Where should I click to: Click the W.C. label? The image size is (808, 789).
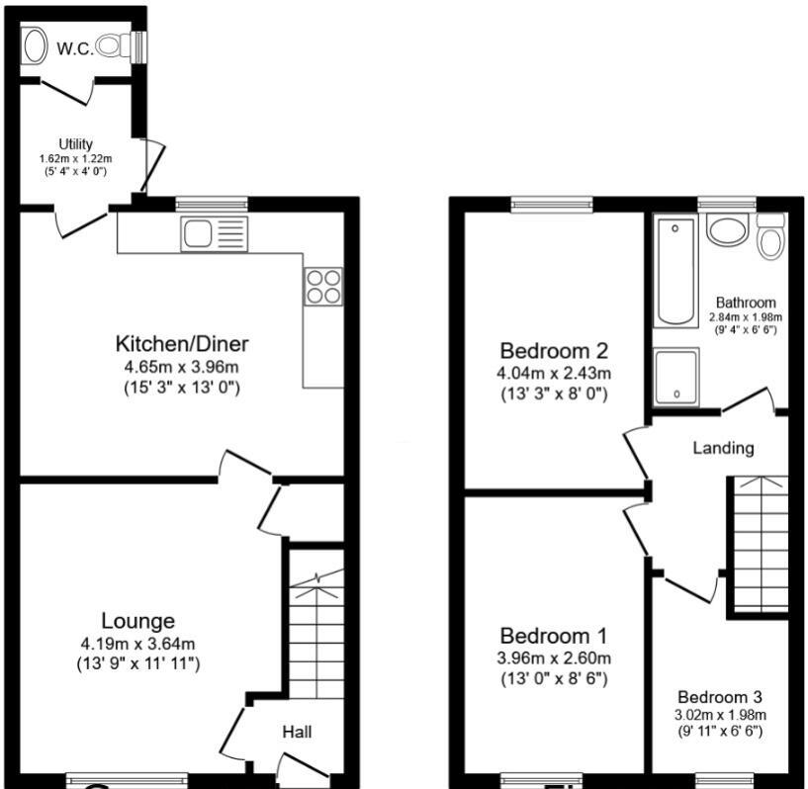tap(74, 46)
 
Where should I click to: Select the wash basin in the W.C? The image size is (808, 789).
tap(36, 45)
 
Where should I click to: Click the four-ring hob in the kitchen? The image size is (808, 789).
tap(324, 286)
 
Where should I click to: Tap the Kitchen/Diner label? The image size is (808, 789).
tap(182, 344)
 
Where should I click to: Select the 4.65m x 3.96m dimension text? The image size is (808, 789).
tap(182, 367)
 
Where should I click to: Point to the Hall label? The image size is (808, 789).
tap(297, 733)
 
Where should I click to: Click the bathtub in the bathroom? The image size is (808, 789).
tap(674, 271)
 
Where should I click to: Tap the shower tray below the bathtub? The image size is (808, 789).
tap(674, 376)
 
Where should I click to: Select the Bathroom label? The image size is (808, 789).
tap(746, 303)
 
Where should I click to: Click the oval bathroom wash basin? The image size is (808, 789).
tap(729, 230)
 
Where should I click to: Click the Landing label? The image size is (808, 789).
tap(722, 448)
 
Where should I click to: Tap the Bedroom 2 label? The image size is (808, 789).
tap(553, 351)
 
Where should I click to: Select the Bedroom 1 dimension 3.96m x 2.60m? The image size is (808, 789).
tap(553, 658)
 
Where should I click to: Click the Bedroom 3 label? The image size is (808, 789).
tap(720, 697)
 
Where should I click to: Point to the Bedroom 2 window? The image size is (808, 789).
tap(552, 204)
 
